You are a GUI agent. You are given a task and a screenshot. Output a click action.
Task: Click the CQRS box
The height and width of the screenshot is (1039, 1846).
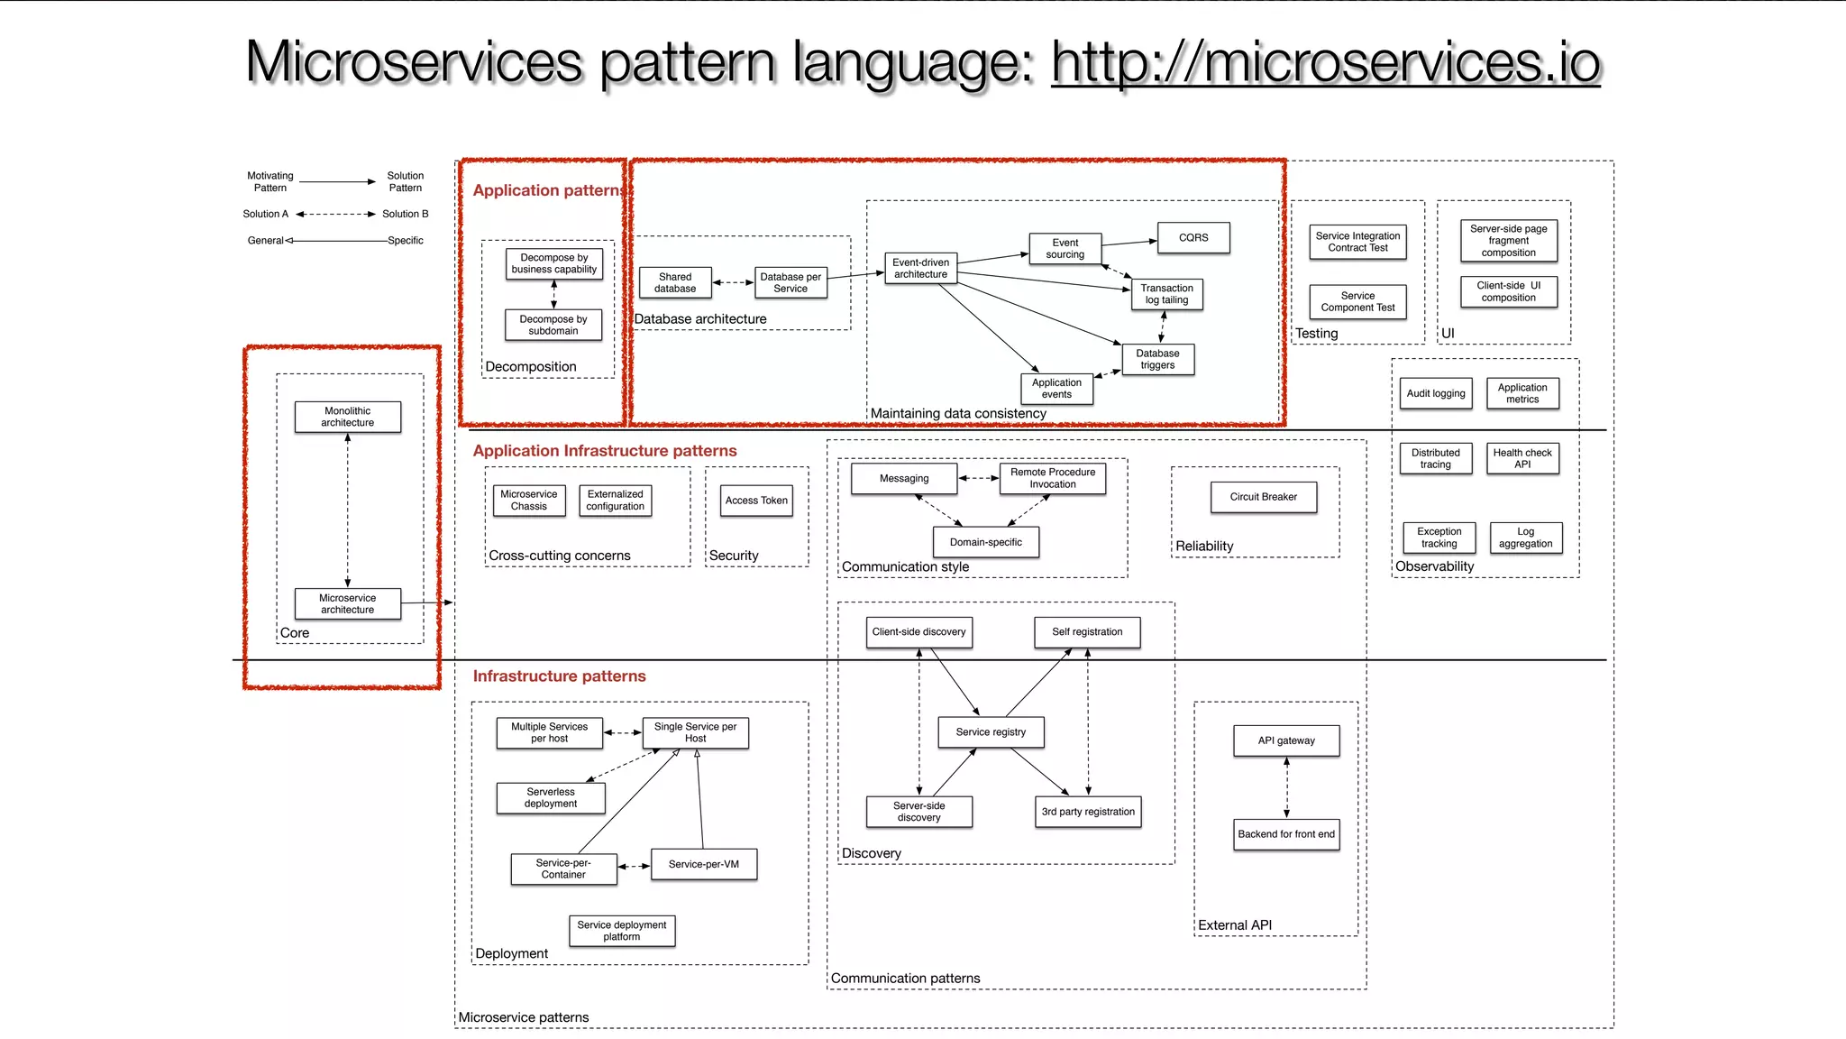click(1193, 238)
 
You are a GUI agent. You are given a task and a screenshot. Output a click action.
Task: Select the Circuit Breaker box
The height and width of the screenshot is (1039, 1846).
click(1263, 497)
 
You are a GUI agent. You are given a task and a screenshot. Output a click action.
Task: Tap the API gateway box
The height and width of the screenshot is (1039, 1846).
click(1286, 740)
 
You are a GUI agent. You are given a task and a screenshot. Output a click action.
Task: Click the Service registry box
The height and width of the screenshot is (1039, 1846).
click(991, 732)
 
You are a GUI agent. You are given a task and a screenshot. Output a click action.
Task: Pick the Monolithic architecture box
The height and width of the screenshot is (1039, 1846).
click(347, 417)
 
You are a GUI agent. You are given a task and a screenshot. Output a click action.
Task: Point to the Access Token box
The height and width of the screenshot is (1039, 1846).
click(756, 501)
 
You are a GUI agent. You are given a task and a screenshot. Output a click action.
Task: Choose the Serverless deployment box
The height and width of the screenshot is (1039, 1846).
click(551, 798)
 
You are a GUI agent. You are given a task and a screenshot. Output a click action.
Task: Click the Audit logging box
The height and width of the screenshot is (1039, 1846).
click(1436, 393)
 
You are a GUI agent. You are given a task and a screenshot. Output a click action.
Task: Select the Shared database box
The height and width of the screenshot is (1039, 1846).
click(675, 283)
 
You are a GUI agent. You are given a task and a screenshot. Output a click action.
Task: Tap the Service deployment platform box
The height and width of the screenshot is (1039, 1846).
click(621, 931)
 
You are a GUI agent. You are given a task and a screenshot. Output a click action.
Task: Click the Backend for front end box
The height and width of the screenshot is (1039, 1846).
click(1286, 834)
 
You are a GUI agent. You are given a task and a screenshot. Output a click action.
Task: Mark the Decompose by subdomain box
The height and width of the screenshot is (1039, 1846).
click(553, 325)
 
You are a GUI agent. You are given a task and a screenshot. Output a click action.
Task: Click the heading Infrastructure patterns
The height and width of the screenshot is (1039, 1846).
click(559, 676)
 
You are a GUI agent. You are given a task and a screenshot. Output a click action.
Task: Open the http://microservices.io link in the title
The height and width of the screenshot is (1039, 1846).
click(1325, 63)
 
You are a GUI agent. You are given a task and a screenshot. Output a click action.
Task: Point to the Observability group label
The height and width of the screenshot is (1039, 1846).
click(1435, 566)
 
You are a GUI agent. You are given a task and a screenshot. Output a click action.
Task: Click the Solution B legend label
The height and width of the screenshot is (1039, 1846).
click(405, 215)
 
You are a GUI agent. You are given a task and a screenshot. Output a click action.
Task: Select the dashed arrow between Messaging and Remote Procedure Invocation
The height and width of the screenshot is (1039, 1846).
click(978, 478)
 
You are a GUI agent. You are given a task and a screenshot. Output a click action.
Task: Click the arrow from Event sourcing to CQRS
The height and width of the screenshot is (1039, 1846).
click(1129, 244)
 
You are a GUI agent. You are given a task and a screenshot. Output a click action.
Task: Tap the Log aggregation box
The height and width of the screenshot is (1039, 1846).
click(1525, 538)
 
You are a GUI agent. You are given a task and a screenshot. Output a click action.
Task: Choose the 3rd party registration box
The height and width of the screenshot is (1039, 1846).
click(1088, 812)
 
